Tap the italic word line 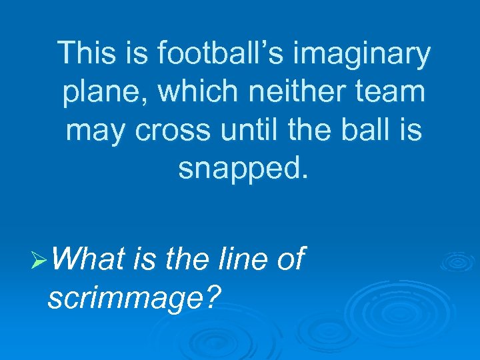tap(236, 259)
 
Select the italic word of tap(289, 259)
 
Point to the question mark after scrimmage tap(212, 297)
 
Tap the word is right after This tap(131, 53)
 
